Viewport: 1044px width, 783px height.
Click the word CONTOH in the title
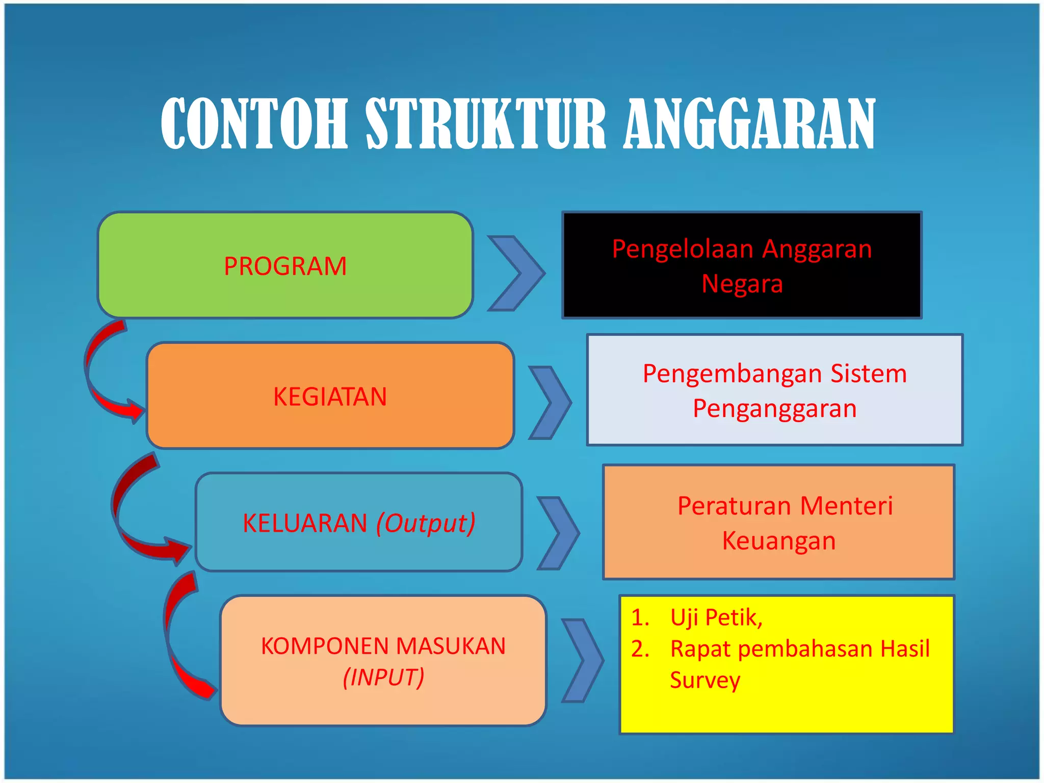click(254, 124)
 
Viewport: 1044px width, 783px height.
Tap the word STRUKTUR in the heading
click(485, 124)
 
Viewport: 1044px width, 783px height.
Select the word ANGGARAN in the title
click(749, 124)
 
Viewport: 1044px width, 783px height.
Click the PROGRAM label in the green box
click(285, 266)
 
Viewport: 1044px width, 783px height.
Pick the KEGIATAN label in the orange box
click(330, 397)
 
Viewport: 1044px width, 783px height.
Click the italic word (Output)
click(426, 523)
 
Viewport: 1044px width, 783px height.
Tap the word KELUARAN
click(305, 523)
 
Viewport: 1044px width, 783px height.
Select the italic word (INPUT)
click(383, 677)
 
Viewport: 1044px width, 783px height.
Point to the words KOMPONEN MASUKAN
click(383, 646)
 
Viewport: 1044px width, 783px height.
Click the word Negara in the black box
click(742, 283)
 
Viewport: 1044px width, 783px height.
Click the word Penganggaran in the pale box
click(774, 408)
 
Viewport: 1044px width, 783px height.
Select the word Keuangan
click(779, 540)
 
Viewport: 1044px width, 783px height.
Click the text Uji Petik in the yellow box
click(716, 617)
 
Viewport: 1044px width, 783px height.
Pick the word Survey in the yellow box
click(705, 680)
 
